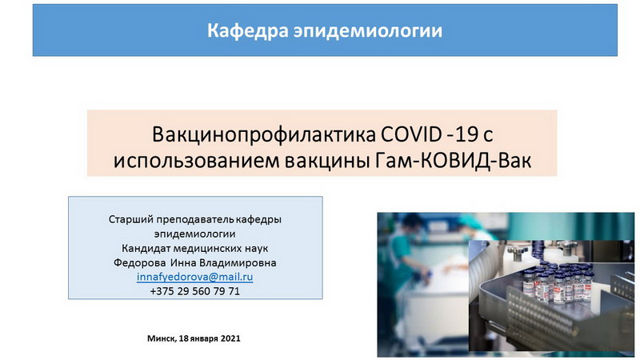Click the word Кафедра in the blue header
248,31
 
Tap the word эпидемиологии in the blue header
368,31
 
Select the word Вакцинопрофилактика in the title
264,135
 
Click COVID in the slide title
411,134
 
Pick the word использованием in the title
196,161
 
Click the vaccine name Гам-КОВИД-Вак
453,161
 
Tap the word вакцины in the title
327,162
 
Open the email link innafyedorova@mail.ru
194,277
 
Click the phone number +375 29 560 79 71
194,291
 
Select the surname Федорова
139,262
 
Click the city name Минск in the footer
162,338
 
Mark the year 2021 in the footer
230,338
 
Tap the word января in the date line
204,338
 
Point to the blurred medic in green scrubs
402,253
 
